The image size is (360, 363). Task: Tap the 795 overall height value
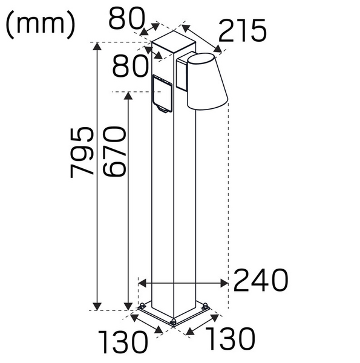tap(82, 152)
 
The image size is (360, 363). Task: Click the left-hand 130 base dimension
tap(124, 343)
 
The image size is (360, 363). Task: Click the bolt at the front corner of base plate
tap(173, 322)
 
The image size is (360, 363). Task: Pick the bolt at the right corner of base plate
tap(206, 306)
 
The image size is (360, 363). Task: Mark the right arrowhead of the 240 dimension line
tap(224, 283)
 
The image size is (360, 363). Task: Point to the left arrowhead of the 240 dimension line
tap(142, 283)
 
